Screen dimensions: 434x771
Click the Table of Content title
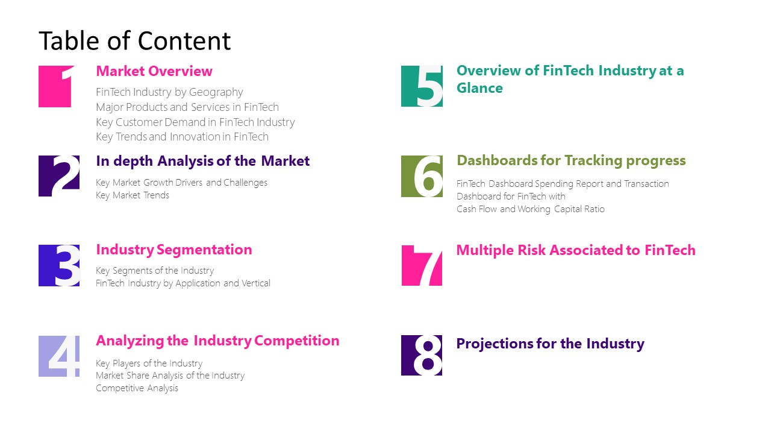coord(134,41)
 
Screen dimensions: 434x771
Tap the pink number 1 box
coord(56,86)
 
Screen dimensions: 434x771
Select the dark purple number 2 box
coord(59,176)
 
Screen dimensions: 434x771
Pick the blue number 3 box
coord(59,265)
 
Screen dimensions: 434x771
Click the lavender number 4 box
coord(59,356)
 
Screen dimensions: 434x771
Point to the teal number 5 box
coord(422,86)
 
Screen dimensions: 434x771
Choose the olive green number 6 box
coord(422,176)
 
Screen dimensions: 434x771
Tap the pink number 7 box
coord(422,265)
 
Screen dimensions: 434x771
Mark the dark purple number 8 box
coord(422,356)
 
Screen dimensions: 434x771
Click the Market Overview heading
coord(154,71)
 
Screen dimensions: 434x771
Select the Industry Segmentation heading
coord(174,250)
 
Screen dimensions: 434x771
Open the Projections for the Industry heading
coord(550,344)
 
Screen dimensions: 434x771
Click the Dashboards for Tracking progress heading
coord(571,160)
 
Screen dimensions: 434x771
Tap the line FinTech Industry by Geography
coord(169,92)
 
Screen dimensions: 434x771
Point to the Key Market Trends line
coord(133,195)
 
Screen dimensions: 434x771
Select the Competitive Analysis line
coord(137,388)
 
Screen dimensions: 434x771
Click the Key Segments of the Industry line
coord(155,271)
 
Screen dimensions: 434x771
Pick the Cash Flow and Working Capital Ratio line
coord(530,209)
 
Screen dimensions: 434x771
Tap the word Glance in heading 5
coord(479,88)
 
